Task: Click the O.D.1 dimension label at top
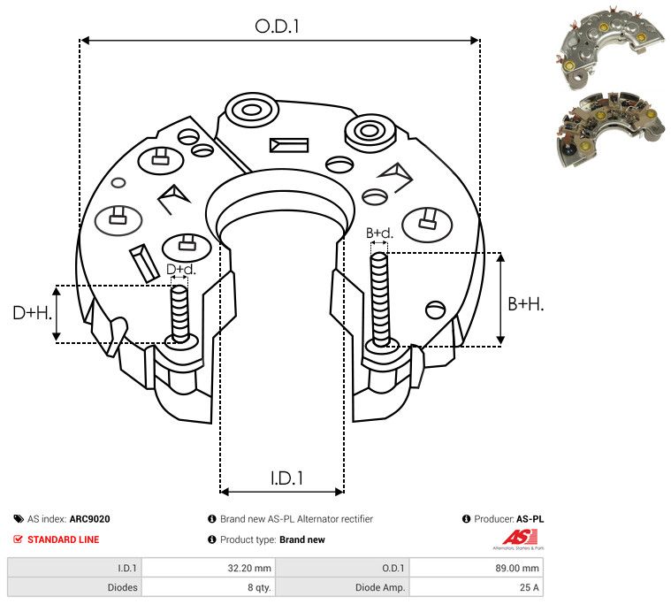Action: click(277, 27)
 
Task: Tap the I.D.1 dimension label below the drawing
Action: click(286, 478)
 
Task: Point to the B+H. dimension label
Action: click(525, 304)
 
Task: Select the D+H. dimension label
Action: click(32, 313)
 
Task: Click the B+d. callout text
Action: click(379, 233)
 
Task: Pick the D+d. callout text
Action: click(180, 269)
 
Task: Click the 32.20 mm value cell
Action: click(249, 568)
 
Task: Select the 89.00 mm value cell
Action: click(517, 568)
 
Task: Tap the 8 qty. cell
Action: click(259, 587)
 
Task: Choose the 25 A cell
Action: click(530, 587)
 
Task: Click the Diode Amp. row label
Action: click(380, 587)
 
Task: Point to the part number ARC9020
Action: click(90, 519)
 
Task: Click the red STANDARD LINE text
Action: click(64, 539)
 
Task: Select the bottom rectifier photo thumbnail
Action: click(610, 129)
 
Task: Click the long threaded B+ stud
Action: click(379, 299)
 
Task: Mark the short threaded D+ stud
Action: click(179, 313)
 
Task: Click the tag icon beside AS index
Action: click(19, 519)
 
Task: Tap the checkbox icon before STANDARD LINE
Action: click(18, 539)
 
